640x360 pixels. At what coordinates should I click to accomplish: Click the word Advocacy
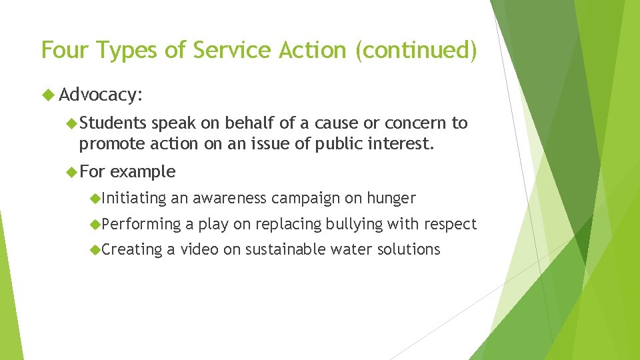(x=100, y=95)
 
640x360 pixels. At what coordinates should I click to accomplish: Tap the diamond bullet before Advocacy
(x=48, y=95)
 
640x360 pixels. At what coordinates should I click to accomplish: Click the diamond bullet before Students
(x=72, y=123)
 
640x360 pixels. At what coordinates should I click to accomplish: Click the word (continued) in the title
(x=416, y=50)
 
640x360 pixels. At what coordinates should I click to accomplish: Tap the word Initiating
(x=134, y=198)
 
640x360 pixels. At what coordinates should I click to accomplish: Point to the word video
(x=199, y=249)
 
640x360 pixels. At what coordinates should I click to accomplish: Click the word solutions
(x=407, y=249)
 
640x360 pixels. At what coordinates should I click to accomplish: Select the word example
(x=143, y=171)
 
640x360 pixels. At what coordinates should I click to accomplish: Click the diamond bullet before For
(x=72, y=171)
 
